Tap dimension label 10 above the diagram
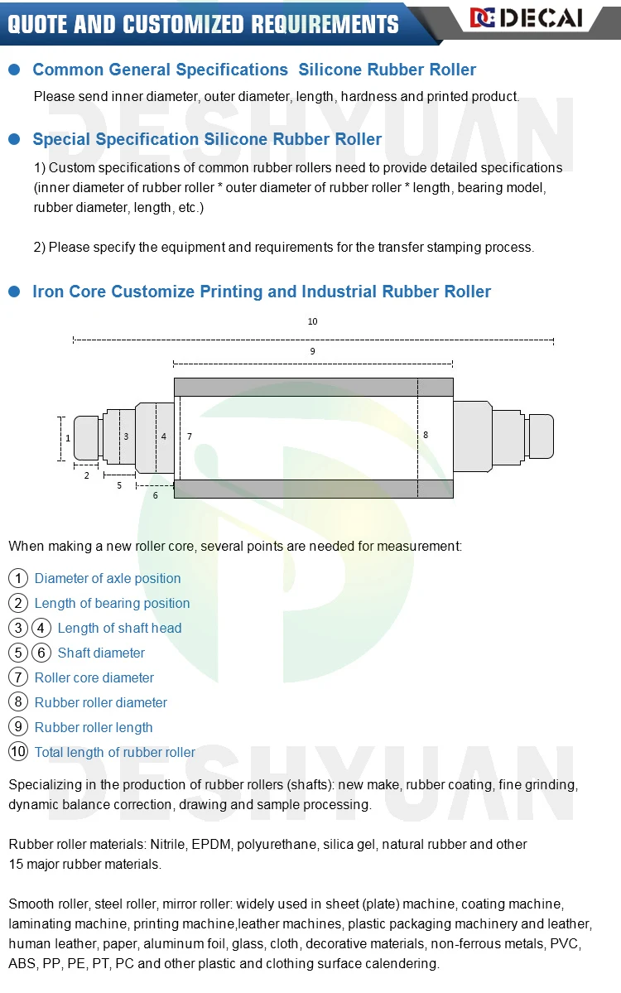(x=312, y=321)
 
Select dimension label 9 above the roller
(x=312, y=351)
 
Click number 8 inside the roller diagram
(x=426, y=434)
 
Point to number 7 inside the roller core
(x=190, y=436)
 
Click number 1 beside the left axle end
(x=68, y=437)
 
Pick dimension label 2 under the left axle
(x=86, y=475)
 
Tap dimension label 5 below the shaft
(x=119, y=485)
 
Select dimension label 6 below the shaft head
(x=155, y=495)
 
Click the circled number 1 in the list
(x=18, y=578)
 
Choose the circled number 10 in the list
(x=18, y=752)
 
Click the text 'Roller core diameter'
(x=94, y=677)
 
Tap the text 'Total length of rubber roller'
(x=115, y=752)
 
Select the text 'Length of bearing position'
(x=113, y=603)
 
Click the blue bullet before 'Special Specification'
(x=14, y=139)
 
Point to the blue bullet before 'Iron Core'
(x=14, y=292)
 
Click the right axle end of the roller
(x=541, y=436)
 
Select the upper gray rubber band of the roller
(x=313, y=387)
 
